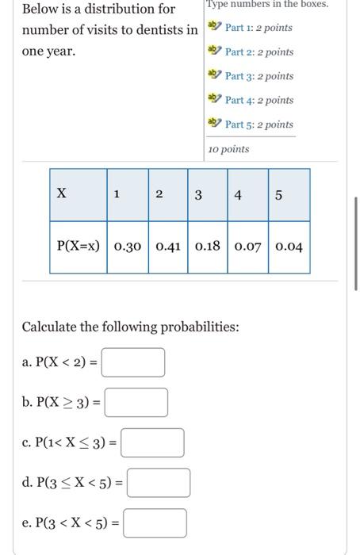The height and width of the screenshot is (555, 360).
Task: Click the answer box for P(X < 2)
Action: (133, 363)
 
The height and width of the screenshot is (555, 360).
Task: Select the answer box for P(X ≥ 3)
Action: (136, 403)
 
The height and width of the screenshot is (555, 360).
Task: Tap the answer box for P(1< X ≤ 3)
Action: (152, 443)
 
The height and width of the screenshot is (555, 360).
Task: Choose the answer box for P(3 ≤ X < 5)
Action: (159, 483)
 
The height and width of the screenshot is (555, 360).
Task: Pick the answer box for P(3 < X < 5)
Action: (155, 523)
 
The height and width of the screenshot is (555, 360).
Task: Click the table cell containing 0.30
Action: (128, 247)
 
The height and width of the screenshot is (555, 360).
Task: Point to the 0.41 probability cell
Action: (168, 247)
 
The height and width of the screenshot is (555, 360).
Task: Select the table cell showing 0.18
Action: (208, 247)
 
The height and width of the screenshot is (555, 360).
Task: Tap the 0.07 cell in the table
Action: (248, 247)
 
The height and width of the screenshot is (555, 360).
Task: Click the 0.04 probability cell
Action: (289, 247)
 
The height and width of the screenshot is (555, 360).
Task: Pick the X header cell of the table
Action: (78, 195)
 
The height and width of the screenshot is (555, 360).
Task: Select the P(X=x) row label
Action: (79, 247)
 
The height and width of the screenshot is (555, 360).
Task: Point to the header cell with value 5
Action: (279, 195)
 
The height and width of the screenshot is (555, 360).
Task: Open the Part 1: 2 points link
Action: (259, 28)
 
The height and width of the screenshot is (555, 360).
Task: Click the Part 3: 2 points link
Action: (259, 76)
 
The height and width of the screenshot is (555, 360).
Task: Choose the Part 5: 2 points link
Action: (259, 124)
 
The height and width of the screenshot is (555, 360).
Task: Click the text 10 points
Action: (228, 149)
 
